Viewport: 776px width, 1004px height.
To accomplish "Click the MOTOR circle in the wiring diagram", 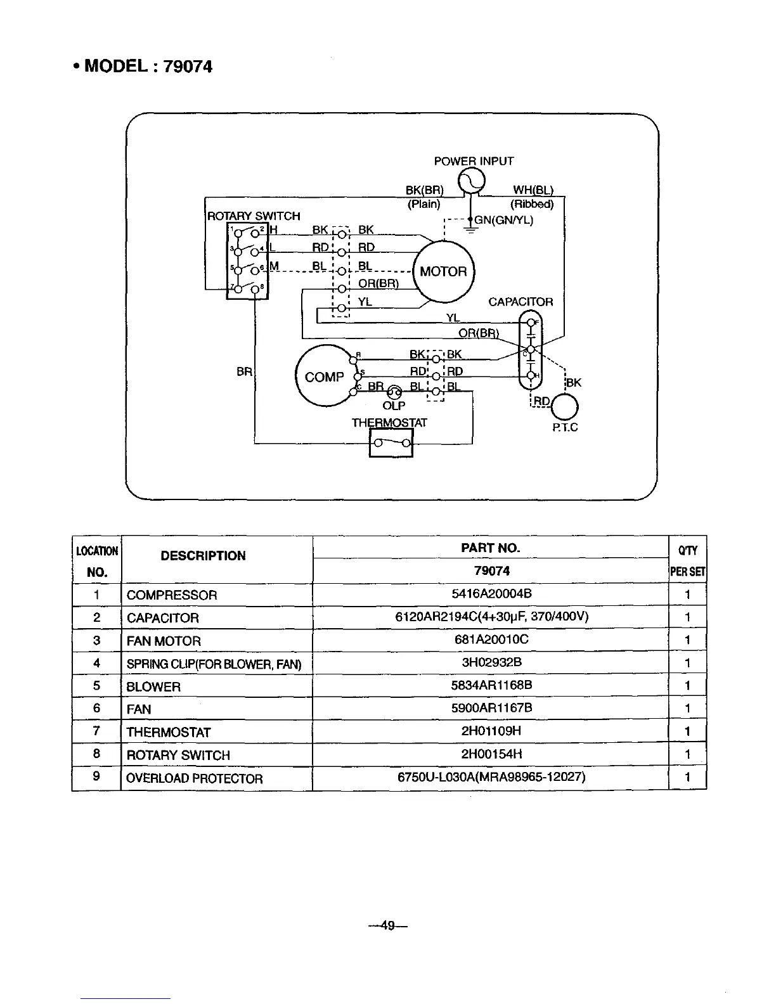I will point(443,272).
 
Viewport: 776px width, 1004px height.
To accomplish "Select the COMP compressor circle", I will point(324,377).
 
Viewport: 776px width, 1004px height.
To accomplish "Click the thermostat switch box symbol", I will point(391,442).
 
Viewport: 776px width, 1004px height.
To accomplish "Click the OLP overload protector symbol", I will point(394,392).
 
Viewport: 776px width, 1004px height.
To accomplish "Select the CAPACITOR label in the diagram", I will point(521,302).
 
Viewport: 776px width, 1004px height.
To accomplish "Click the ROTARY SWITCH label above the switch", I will point(254,216).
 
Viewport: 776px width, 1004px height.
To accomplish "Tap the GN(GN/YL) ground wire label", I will point(504,221).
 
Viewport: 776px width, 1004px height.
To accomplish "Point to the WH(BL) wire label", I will point(533,190).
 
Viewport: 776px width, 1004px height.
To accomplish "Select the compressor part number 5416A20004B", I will point(491,594).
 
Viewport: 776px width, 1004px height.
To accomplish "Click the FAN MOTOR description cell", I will point(164,641).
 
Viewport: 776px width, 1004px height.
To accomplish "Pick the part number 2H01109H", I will point(491,731).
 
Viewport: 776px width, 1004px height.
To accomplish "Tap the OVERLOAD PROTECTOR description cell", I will point(194,778).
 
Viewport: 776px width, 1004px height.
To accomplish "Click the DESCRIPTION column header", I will point(203,556).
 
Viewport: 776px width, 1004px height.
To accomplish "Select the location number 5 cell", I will point(96,686).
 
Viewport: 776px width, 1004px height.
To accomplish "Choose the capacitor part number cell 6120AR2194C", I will point(491,617).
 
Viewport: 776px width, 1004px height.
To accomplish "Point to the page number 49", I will point(388,926).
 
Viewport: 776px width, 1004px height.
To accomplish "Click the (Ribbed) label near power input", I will point(532,204).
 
